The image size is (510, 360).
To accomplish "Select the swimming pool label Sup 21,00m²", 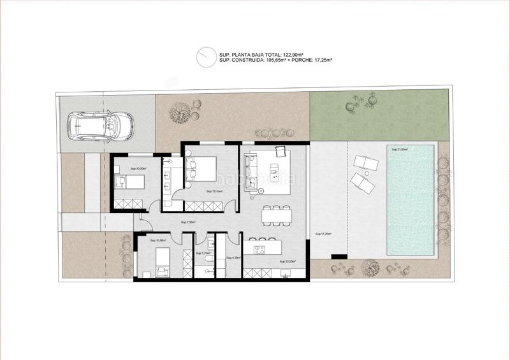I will click(399, 149).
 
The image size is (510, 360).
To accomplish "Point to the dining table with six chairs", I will click(275, 215).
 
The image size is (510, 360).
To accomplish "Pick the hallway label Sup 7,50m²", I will click(188, 222).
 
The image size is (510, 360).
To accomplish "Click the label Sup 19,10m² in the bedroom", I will click(214, 191).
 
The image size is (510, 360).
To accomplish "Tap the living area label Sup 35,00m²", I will click(287, 261).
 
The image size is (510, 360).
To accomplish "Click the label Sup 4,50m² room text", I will click(233, 257).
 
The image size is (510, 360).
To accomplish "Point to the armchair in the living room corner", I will click(281, 151).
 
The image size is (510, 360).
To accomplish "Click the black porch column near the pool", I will click(339, 256).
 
